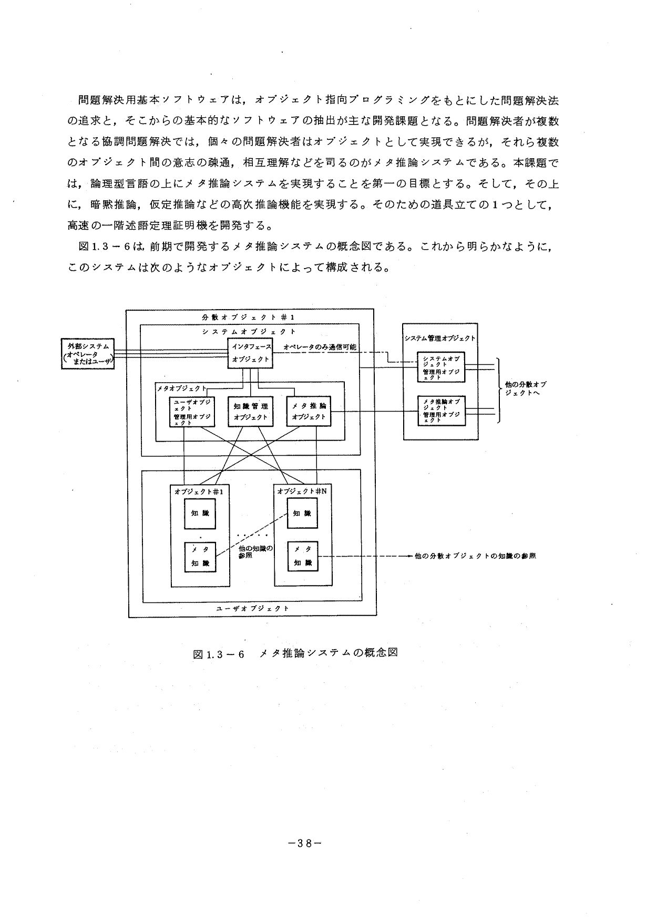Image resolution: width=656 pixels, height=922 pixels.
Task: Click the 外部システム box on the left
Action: coord(88,354)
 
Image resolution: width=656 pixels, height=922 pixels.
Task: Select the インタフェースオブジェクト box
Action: coord(251,353)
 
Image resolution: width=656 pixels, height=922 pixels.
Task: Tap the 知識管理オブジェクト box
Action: coord(250,411)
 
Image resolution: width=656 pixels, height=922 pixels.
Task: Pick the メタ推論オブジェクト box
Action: coord(309,411)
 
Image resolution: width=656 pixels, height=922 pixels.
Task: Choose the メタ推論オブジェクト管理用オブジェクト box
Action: coord(440,411)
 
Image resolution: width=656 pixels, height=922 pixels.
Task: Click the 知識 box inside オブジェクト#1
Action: coord(200,513)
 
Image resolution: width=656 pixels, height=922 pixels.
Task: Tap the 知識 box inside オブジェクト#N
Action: coord(302,513)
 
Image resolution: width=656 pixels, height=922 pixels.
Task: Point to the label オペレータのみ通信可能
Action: coord(320,347)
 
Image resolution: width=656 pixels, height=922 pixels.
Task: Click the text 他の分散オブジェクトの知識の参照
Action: coord(475,556)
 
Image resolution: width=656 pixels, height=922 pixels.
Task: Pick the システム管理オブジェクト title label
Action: coord(440,339)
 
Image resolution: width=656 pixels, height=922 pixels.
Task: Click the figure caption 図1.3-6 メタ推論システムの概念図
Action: coord(295,654)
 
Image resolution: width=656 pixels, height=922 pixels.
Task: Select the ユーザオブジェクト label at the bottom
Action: coord(252,608)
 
